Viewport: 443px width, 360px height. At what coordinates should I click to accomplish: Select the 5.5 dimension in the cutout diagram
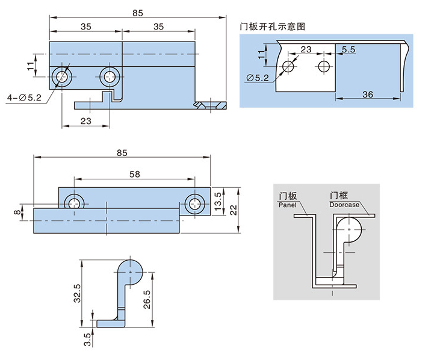click(349, 49)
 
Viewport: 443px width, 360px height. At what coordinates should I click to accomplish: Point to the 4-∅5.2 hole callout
click(23, 98)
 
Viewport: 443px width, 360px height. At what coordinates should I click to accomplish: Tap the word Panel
click(288, 205)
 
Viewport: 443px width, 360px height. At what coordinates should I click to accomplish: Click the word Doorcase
click(344, 205)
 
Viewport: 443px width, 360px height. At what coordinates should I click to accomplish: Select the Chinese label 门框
click(338, 196)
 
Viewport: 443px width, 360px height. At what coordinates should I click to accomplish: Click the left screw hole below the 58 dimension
click(75, 203)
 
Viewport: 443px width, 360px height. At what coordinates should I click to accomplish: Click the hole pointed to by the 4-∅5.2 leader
click(62, 76)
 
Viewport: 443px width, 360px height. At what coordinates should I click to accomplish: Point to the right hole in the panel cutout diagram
click(324, 66)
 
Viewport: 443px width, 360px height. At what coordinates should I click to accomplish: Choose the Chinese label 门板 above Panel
click(287, 196)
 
